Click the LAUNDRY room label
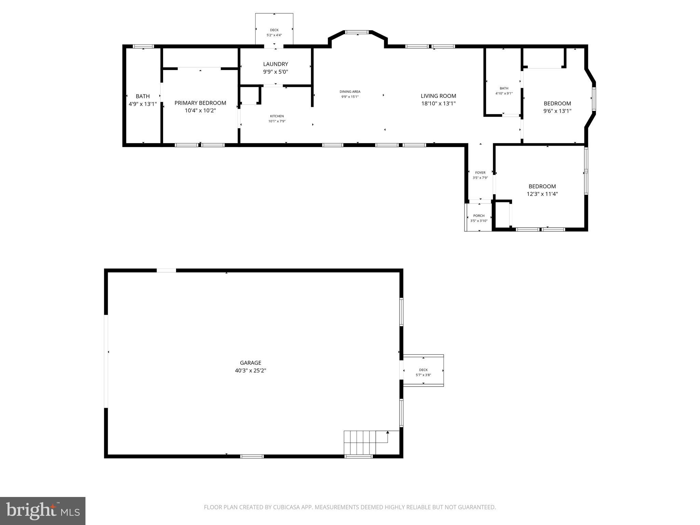275,64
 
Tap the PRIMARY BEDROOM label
200,103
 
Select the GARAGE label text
251,363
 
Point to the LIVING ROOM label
438,96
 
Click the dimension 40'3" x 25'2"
251,371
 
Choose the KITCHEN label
277,116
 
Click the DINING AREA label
350,92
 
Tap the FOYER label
480,173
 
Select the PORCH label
479,216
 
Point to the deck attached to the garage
423,371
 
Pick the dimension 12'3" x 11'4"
542,194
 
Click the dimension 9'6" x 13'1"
557,111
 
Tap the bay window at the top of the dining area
357,32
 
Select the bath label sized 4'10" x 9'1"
504,88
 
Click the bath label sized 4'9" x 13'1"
143,96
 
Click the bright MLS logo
43,511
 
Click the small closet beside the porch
502,214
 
